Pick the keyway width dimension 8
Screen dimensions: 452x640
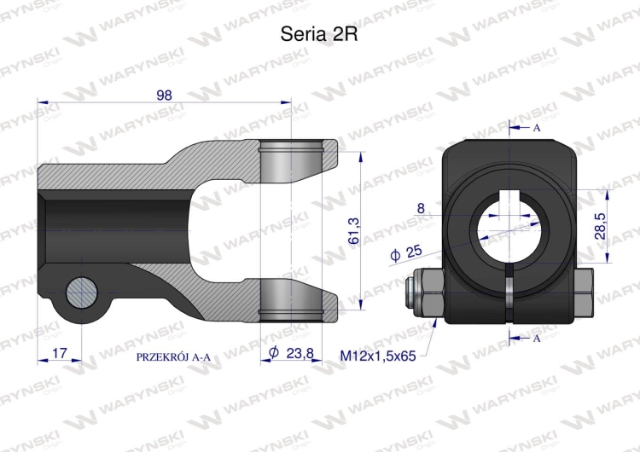click(x=421, y=208)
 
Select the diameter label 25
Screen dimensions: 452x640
click(x=407, y=253)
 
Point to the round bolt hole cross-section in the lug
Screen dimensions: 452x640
click(x=83, y=294)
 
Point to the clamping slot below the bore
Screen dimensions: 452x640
click(x=509, y=294)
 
